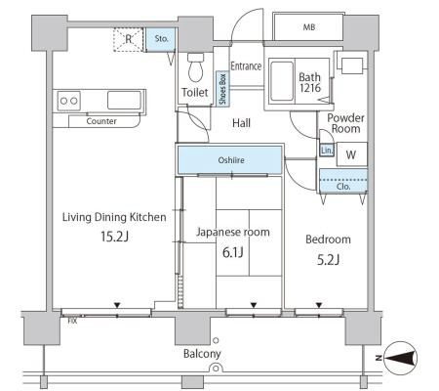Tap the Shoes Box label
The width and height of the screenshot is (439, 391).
[x=222, y=89]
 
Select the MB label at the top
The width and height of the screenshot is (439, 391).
[x=309, y=27]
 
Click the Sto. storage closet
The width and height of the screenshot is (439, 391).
[x=161, y=39]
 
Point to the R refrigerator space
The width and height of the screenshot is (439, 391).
[x=129, y=39]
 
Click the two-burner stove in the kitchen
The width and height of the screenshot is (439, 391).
[x=69, y=101]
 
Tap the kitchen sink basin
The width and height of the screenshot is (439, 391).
[x=124, y=101]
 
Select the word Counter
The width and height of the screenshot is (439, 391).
[x=101, y=121]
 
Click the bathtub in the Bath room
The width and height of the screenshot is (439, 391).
[x=282, y=81]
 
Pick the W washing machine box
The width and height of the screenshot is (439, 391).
[x=352, y=154]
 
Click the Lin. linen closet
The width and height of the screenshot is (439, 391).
[x=327, y=151]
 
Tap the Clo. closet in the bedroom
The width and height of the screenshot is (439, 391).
[x=343, y=181]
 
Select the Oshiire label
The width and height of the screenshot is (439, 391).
[x=231, y=160]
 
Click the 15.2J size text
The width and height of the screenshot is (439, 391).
[x=114, y=237]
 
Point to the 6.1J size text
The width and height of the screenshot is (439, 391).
[x=233, y=252]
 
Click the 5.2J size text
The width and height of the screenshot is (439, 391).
[x=328, y=260]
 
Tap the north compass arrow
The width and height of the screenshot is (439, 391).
[x=401, y=358]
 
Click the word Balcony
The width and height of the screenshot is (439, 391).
[x=202, y=354]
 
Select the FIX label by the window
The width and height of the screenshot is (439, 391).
[x=72, y=322]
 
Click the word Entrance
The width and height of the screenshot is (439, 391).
[x=246, y=66]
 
